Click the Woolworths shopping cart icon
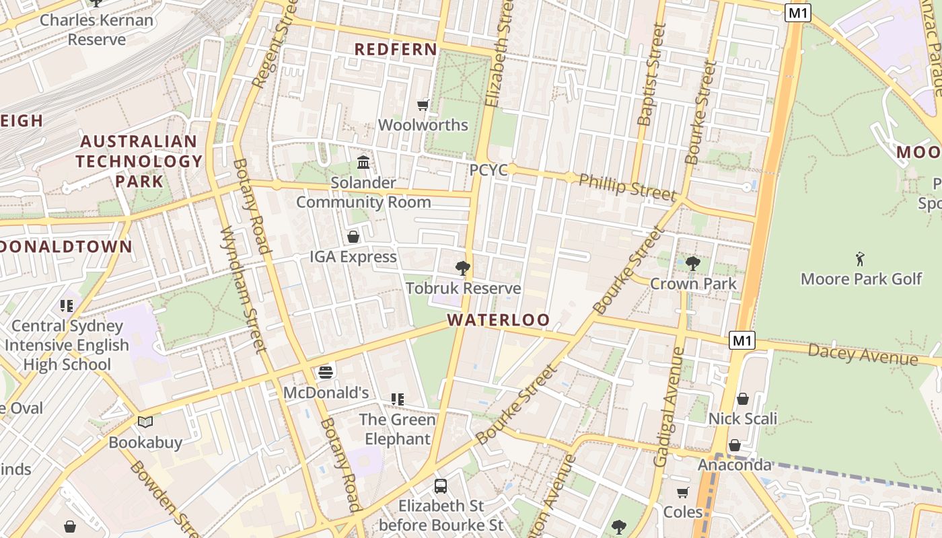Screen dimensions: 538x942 tap(423, 105)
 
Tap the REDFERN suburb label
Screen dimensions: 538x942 tap(396, 49)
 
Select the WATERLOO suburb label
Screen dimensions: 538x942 tap(499, 320)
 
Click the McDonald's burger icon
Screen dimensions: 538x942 tap(326, 373)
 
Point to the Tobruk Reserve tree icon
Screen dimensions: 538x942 tap(462, 268)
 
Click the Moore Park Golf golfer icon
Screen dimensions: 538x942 tap(860, 258)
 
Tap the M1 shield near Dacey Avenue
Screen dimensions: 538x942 tap(741, 340)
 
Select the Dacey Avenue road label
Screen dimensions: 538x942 tap(863, 354)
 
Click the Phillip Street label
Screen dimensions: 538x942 tap(627, 187)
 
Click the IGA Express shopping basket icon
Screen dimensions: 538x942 tap(353, 237)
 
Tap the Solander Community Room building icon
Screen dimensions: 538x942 tap(363, 162)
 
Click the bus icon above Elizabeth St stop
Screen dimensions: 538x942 tap(441, 486)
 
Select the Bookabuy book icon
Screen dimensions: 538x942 tap(145, 422)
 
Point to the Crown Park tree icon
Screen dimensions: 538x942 tap(692, 263)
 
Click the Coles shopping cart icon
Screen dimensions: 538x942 tap(683, 492)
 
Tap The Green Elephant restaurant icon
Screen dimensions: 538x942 tap(398, 399)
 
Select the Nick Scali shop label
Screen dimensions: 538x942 tap(743, 418)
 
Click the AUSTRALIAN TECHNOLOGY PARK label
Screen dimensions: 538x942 tap(139, 161)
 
